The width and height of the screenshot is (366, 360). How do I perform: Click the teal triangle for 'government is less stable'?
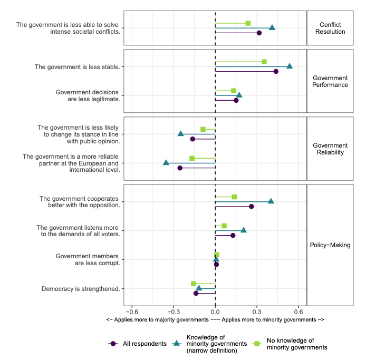tap(289, 66)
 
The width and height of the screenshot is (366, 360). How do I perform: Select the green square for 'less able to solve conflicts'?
tap(248, 23)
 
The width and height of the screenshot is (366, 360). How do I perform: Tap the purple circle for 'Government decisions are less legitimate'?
tap(236, 100)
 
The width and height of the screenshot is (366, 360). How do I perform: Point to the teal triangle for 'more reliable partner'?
tap(166, 163)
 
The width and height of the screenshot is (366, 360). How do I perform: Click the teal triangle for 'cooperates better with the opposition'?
tap(271, 201)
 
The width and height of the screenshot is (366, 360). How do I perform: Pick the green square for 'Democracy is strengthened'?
tap(194, 284)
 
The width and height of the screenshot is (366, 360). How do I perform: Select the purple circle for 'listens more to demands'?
tap(233, 235)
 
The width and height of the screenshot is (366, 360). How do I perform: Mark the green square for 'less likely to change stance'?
tap(203, 129)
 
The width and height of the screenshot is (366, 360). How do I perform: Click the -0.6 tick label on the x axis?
tap(131, 310)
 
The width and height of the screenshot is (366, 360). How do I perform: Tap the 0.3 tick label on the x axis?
tap(256, 310)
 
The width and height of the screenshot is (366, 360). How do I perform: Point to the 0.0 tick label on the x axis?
tap(215, 310)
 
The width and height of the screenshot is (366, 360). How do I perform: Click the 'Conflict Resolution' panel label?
tap(332, 28)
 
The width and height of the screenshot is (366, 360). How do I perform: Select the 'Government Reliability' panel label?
tap(330, 149)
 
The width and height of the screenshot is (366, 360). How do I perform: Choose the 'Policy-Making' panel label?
tap(330, 245)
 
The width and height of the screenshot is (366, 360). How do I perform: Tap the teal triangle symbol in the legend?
tap(177, 344)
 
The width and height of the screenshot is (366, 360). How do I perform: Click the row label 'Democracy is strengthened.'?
tap(80, 288)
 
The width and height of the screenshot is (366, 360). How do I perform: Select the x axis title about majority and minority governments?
tap(215, 320)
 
